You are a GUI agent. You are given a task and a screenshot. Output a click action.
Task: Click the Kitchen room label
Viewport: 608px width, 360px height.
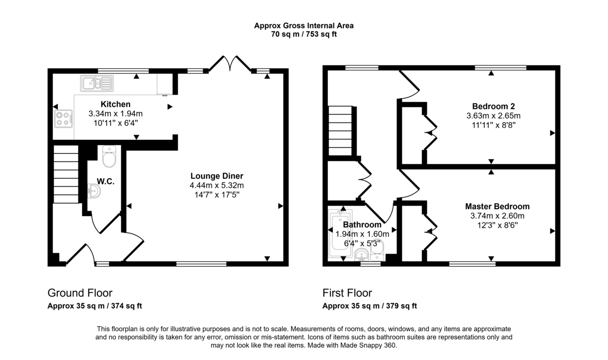pyautogui.click(x=116, y=104)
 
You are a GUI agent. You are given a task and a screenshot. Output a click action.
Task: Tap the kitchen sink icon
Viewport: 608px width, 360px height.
pyautogui.click(x=96, y=82)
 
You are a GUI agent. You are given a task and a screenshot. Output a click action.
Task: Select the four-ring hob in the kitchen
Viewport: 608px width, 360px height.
pyautogui.click(x=63, y=118)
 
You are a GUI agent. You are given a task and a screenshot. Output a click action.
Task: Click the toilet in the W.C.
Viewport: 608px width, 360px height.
pyautogui.click(x=109, y=157)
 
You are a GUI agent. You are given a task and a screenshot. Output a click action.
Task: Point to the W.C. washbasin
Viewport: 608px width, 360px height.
pyautogui.click(x=94, y=191)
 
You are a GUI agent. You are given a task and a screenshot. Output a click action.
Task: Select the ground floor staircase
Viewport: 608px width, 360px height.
pyautogui.click(x=66, y=174)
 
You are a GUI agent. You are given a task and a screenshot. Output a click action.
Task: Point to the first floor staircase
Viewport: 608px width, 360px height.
pyautogui.click(x=340, y=131)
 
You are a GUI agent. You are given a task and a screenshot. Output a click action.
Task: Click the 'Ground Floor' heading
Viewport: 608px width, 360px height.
pyautogui.click(x=80, y=293)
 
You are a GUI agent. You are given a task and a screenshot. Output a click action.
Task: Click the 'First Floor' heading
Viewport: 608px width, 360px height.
pyautogui.click(x=347, y=293)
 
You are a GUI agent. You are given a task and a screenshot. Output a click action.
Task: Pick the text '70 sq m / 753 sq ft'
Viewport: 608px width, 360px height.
pyautogui.click(x=303, y=34)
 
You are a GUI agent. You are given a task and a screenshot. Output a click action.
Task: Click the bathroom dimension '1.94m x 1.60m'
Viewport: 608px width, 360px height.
pyautogui.click(x=362, y=234)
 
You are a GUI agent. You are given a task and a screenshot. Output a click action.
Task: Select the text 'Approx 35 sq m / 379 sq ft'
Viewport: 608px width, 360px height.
pyautogui.click(x=369, y=306)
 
